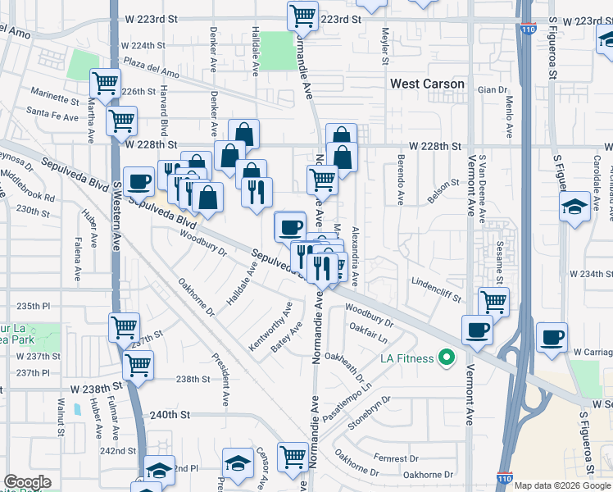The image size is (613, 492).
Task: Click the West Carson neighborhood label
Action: click(x=427, y=84)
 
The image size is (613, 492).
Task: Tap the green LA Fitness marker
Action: click(x=447, y=357)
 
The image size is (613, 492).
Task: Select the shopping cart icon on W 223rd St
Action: click(x=302, y=15)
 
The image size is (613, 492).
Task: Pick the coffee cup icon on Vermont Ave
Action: click(x=477, y=330)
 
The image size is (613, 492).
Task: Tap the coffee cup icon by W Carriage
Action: click(x=552, y=337)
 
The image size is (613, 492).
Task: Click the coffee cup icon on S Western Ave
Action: click(x=138, y=181)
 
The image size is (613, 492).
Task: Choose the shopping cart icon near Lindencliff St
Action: click(x=493, y=301)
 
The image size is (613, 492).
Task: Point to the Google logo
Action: click(x=27, y=482)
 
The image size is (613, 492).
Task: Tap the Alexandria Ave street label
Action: click(x=355, y=256)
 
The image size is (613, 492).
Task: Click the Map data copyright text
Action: click(x=561, y=485)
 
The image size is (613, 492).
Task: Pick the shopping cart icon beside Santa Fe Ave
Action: click(x=121, y=121)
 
